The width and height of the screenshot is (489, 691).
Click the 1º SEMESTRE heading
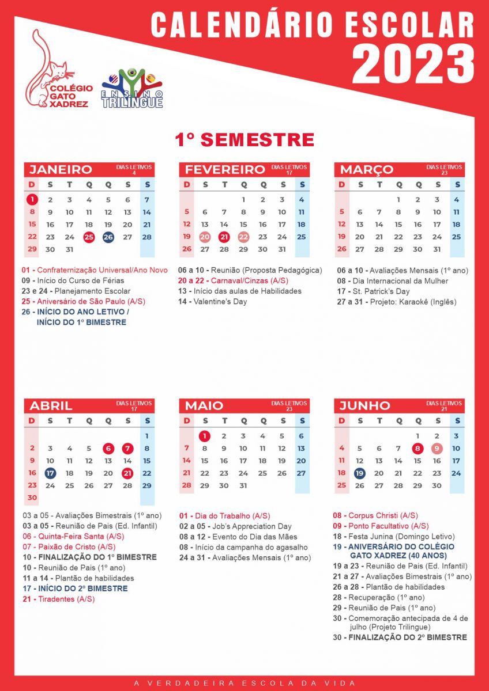(x=245, y=140)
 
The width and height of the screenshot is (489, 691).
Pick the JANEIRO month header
(x=61, y=169)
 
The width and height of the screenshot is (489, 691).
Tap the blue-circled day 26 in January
(x=108, y=237)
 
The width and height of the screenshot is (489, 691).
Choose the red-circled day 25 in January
(x=89, y=237)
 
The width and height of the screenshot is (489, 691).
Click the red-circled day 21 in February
(x=224, y=237)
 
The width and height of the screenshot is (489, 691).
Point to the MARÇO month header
(x=367, y=169)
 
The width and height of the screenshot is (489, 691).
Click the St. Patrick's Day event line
(x=373, y=291)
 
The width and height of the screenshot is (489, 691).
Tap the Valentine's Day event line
(x=212, y=302)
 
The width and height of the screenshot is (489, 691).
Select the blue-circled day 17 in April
(x=50, y=473)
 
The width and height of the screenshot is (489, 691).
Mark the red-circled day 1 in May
(x=204, y=436)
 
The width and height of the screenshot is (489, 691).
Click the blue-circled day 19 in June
(x=360, y=473)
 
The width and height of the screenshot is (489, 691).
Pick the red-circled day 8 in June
(x=417, y=449)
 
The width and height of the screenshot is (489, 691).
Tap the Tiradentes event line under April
(x=59, y=599)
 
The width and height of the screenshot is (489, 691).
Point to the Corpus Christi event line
(x=375, y=515)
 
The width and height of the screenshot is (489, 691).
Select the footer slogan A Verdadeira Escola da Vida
(x=245, y=683)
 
